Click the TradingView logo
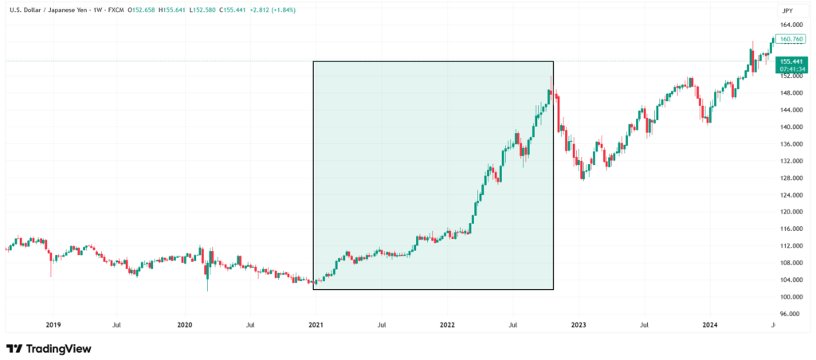[x=49, y=349]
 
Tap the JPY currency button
[x=787, y=10]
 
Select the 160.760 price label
[x=790, y=38]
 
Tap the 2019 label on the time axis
[x=53, y=325]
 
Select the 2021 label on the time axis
[x=316, y=325]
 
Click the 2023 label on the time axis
[x=578, y=325]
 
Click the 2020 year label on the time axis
[x=184, y=325]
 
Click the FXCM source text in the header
[x=117, y=10]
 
